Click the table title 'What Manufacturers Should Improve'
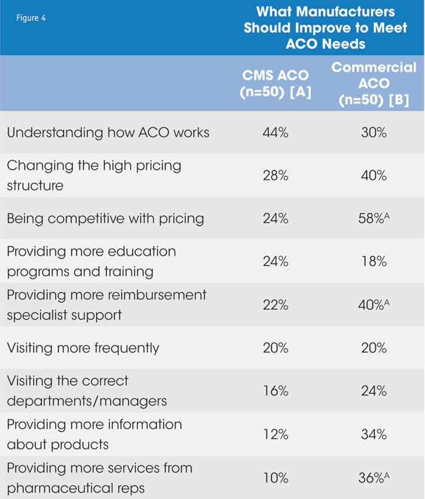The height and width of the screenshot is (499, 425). [x=325, y=28]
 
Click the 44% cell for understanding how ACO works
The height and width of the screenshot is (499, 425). [x=276, y=132]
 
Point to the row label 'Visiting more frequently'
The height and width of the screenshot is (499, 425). [x=83, y=348]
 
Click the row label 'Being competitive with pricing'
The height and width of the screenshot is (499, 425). [x=105, y=219]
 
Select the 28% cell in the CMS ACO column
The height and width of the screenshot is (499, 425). [x=276, y=176]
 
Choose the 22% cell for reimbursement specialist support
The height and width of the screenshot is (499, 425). [x=276, y=305]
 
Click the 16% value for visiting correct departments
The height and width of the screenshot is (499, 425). [x=276, y=391]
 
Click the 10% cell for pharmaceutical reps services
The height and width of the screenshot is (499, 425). [x=276, y=477]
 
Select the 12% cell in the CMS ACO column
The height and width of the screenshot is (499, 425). [x=276, y=434]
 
